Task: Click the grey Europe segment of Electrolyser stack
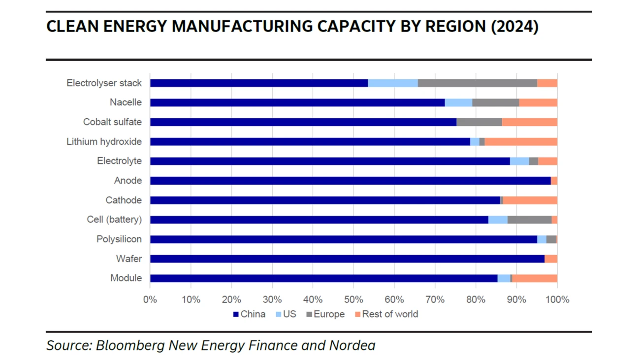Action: pyautogui.click(x=477, y=83)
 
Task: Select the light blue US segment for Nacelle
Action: pyautogui.click(x=458, y=102)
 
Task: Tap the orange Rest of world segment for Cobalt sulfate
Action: pyautogui.click(x=529, y=122)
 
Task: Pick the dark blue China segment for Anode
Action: pyautogui.click(x=350, y=181)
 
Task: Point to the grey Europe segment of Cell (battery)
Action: pyautogui.click(x=529, y=220)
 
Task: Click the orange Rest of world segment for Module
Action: pyautogui.click(x=535, y=278)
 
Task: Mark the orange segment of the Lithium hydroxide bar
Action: pyautogui.click(x=521, y=142)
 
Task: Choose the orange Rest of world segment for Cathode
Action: pyautogui.click(x=530, y=200)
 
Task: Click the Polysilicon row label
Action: pyautogui.click(x=119, y=239)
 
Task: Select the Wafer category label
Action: pyautogui.click(x=128, y=259)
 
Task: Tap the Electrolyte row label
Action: pyautogui.click(x=119, y=161)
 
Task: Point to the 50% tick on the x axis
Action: pyautogui.click(x=353, y=299)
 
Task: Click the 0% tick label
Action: pyautogui.click(x=150, y=299)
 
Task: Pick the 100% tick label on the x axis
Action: pyautogui.click(x=557, y=299)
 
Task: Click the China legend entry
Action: pyautogui.click(x=249, y=314)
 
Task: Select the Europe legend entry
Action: pyautogui.click(x=325, y=314)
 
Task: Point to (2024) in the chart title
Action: pyautogui.click(x=514, y=27)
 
